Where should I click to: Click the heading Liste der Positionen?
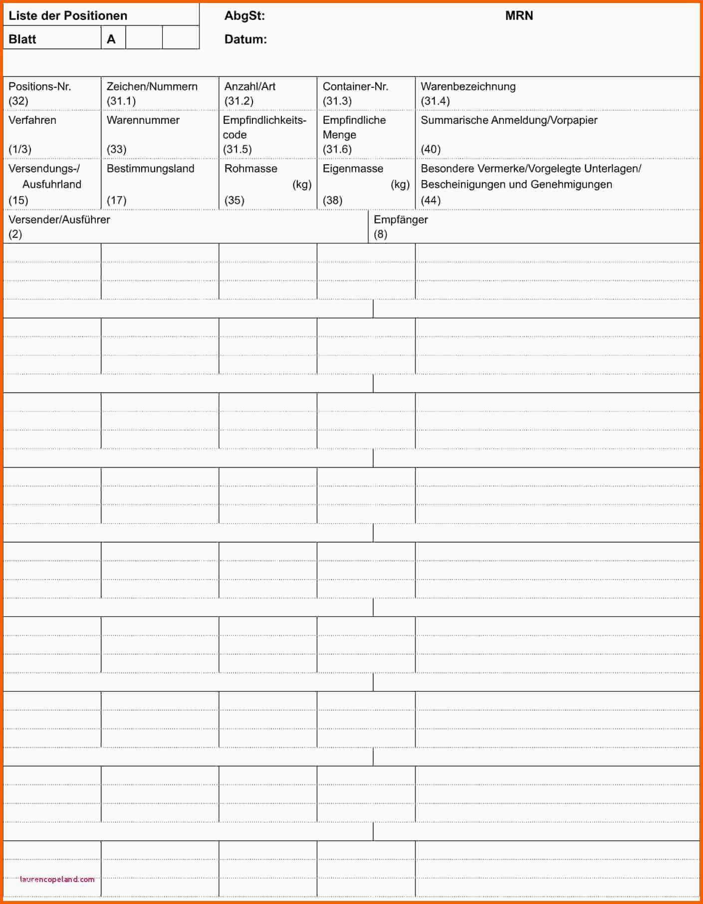point(68,15)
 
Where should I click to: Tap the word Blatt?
point(22,39)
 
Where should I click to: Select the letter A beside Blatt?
point(111,39)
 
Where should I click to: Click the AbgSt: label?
point(244,15)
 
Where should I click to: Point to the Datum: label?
point(245,39)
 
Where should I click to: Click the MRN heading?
point(519,15)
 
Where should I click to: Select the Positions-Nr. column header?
point(40,86)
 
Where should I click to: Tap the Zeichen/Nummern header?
point(152,86)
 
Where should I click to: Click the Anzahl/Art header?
point(250,86)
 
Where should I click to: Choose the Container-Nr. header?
point(355,86)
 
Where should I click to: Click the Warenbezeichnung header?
point(468,86)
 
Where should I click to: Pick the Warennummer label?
point(143,120)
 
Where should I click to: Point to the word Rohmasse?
point(251,168)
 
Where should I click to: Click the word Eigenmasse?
point(353,168)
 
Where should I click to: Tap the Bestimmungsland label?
point(151,168)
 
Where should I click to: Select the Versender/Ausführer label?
point(59,219)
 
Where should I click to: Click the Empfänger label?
point(401,219)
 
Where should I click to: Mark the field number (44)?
point(431,200)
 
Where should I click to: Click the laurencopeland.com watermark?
point(57,879)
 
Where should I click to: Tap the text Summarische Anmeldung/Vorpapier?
point(509,120)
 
